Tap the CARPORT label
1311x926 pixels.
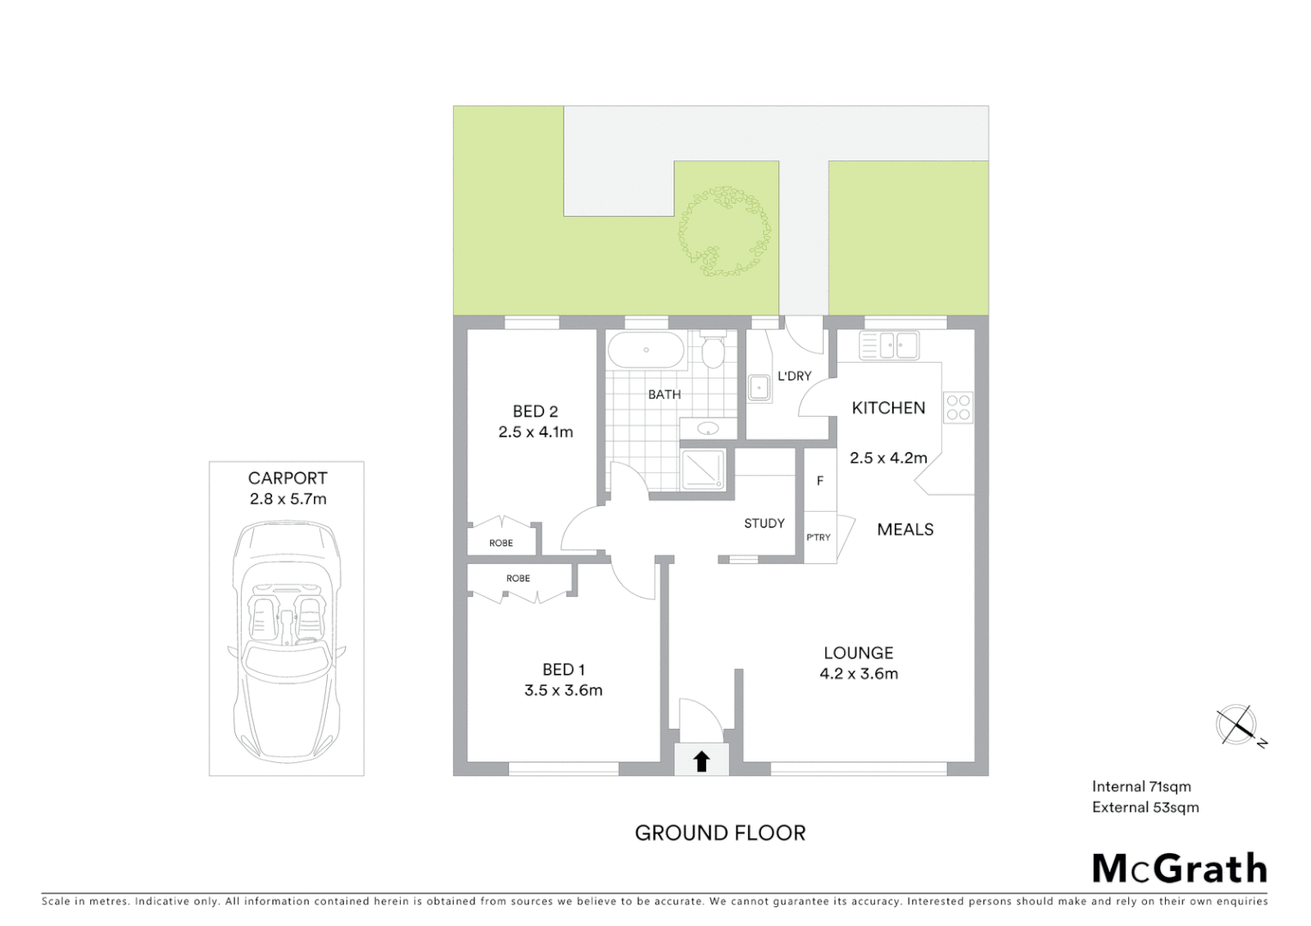pyautogui.click(x=287, y=478)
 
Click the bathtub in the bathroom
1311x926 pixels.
pyautogui.click(x=646, y=351)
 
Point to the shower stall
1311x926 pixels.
pyautogui.click(x=704, y=470)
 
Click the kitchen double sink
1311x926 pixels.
pyautogui.click(x=890, y=346)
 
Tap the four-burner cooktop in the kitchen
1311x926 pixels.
pyautogui.click(x=958, y=408)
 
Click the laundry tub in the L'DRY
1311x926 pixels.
pyautogui.click(x=759, y=388)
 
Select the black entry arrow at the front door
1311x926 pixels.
pyautogui.click(x=702, y=761)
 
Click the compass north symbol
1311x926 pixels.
pyautogui.click(x=1237, y=725)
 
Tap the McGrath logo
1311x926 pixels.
pyautogui.click(x=1180, y=869)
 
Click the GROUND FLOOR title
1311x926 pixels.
pyautogui.click(x=720, y=833)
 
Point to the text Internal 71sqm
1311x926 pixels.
pyautogui.click(x=1141, y=786)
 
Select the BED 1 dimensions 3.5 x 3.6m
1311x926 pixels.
pyautogui.click(x=563, y=690)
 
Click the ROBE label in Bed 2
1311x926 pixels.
pyautogui.click(x=501, y=543)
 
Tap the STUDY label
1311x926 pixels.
pyautogui.click(x=764, y=523)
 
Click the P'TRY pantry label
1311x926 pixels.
pyautogui.click(x=819, y=538)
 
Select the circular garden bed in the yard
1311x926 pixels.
pyautogui.click(x=724, y=231)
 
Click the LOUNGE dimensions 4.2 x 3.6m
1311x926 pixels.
pyautogui.click(x=858, y=674)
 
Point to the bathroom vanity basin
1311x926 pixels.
pyautogui.click(x=708, y=428)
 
